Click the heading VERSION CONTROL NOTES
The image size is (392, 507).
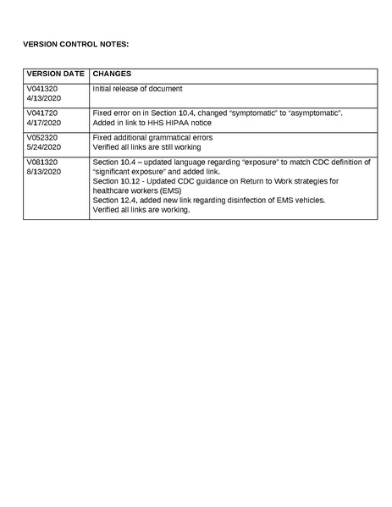pyautogui.click(x=75, y=42)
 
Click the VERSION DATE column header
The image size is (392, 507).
pyautogui.click(x=55, y=74)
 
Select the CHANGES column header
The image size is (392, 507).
pyautogui.click(x=112, y=74)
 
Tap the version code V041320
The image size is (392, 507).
pyautogui.click(x=42, y=89)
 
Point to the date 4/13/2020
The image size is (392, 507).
pyautogui.click(x=43, y=99)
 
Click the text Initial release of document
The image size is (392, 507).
pyautogui.click(x=137, y=89)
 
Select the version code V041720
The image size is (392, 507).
pyautogui.click(x=42, y=113)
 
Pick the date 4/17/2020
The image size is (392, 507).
pyautogui.click(x=43, y=123)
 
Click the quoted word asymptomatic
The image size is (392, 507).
pyautogui.click(x=314, y=113)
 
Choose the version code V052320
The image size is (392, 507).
pyautogui.click(x=42, y=137)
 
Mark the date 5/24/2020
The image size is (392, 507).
pyautogui.click(x=43, y=147)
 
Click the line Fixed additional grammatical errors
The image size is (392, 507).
pyautogui.click(x=152, y=137)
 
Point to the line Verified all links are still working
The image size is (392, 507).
pyautogui.click(x=152, y=147)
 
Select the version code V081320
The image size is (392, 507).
pyautogui.click(x=42, y=162)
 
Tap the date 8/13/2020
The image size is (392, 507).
pyautogui.click(x=43, y=172)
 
